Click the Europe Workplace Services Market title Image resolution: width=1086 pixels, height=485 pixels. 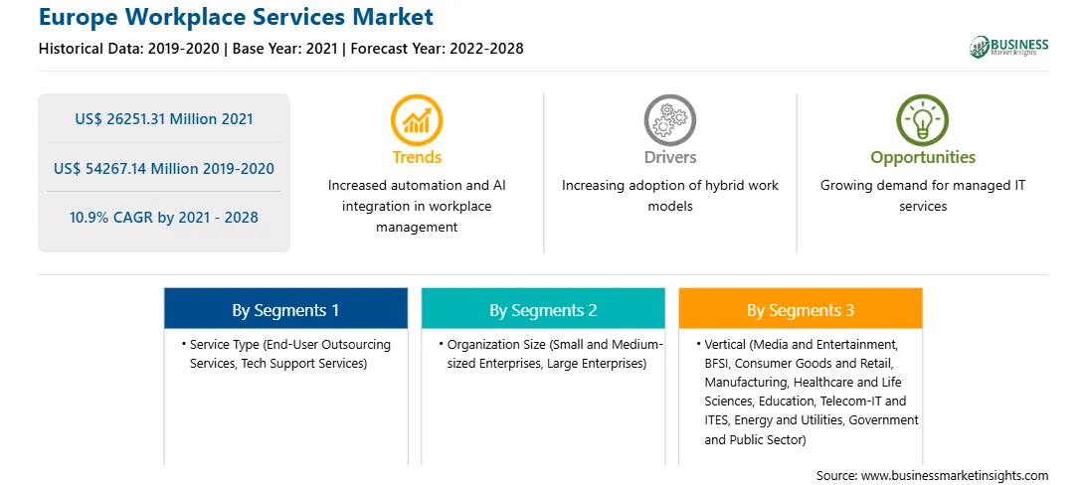236,17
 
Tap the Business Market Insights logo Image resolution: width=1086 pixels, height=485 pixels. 1008,47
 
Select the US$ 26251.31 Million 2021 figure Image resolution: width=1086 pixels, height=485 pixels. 164,119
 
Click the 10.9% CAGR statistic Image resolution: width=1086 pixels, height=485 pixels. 164,218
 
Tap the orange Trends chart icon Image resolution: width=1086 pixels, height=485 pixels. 417,119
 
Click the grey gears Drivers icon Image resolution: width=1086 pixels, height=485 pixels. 669,119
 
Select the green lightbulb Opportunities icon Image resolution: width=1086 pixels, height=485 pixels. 923,119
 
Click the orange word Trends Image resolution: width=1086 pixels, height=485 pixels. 417,157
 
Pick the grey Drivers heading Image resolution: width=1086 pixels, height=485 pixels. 670,157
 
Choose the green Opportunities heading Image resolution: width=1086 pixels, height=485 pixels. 923,158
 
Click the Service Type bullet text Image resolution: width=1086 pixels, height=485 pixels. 286,354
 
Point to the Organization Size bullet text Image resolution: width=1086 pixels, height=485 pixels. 551,354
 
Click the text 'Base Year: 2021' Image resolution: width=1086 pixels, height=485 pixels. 284,49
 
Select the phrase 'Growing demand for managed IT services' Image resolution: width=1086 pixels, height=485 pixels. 923,196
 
